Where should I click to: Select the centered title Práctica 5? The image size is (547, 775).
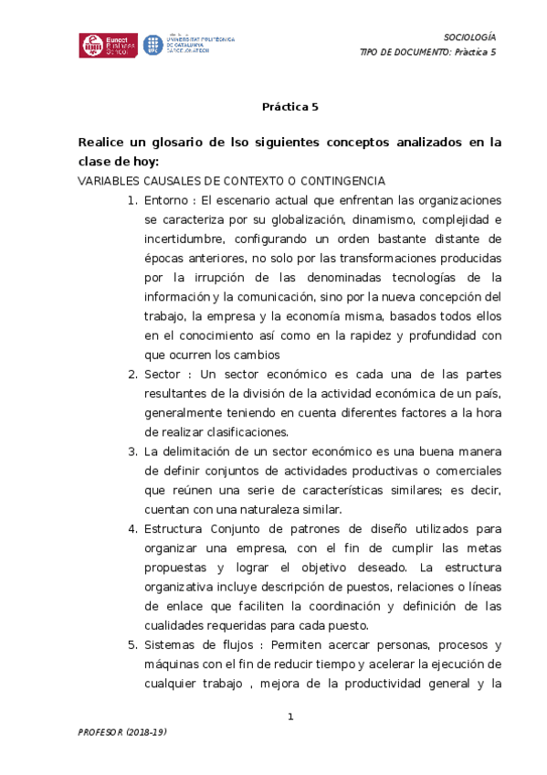(290, 106)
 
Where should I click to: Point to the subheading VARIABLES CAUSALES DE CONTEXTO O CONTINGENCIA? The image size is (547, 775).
(232, 181)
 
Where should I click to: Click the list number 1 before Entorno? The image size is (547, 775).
(131, 200)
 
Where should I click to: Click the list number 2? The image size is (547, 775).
(131, 374)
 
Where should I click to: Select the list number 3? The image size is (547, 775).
(131, 451)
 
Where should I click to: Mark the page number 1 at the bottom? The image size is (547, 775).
(290, 717)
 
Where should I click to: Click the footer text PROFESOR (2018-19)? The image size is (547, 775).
(122, 734)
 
